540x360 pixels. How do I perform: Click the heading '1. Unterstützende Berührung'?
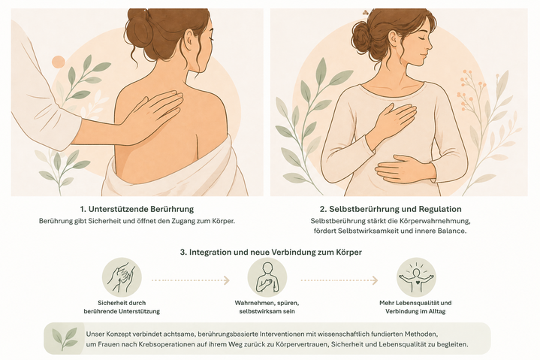coord(137,209)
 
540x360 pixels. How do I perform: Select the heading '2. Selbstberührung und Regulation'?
coord(391,209)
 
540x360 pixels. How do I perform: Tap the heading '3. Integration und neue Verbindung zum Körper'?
coord(270,253)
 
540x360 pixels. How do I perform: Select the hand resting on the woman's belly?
coord(400,168)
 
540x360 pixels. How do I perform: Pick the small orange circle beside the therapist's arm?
coord(59,62)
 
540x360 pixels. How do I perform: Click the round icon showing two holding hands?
coord(122,277)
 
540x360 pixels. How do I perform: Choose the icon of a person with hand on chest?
coord(267,277)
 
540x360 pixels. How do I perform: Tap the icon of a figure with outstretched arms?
coord(416,277)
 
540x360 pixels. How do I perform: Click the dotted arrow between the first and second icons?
coord(191,280)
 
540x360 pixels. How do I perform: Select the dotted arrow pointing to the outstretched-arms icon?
coord(339,280)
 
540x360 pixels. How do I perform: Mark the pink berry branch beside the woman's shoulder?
coord(469,90)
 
